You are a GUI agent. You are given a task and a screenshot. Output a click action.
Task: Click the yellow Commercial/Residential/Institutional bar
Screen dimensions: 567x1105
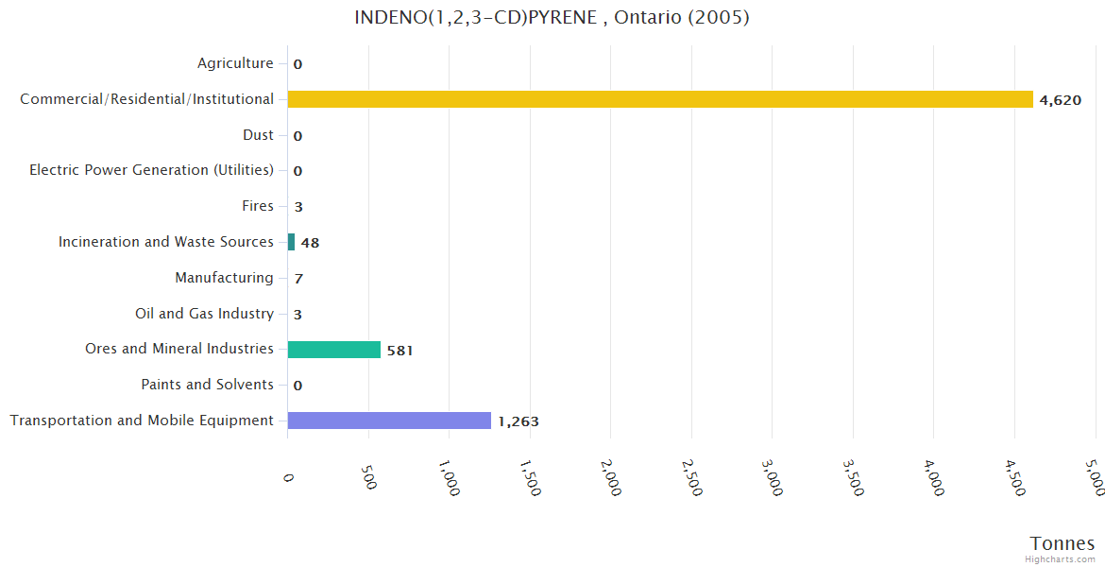660,99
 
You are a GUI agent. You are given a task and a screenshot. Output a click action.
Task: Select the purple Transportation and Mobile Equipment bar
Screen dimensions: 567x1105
389,421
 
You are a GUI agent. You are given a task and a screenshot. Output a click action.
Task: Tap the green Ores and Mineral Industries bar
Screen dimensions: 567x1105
334,350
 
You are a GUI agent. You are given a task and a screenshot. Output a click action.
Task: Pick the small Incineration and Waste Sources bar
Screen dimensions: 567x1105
291,242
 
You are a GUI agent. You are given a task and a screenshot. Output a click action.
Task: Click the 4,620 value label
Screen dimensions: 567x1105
1060,100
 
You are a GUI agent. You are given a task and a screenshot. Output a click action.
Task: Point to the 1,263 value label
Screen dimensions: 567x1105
518,421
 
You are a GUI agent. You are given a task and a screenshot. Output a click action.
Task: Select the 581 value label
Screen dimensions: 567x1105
400,351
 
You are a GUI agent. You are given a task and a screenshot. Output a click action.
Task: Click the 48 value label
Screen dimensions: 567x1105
310,243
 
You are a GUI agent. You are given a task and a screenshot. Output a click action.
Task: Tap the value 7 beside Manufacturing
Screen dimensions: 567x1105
298,279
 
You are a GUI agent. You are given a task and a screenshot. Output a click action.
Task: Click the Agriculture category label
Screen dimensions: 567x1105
235,63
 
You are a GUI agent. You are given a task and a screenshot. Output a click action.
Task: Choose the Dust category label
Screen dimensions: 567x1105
258,135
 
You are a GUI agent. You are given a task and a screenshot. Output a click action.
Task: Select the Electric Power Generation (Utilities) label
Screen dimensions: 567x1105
151,170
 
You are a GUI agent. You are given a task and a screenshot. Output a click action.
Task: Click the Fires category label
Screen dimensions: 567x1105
258,206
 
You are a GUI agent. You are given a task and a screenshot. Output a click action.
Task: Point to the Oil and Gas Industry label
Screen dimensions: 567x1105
204,314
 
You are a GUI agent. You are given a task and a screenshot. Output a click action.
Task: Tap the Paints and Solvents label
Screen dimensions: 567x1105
207,385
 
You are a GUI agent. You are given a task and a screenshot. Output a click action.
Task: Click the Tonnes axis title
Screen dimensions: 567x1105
1062,543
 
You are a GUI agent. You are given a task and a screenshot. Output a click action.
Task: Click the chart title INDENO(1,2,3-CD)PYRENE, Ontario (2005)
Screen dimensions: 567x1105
552,17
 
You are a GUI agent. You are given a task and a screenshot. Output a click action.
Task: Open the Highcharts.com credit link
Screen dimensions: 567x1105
1061,559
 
